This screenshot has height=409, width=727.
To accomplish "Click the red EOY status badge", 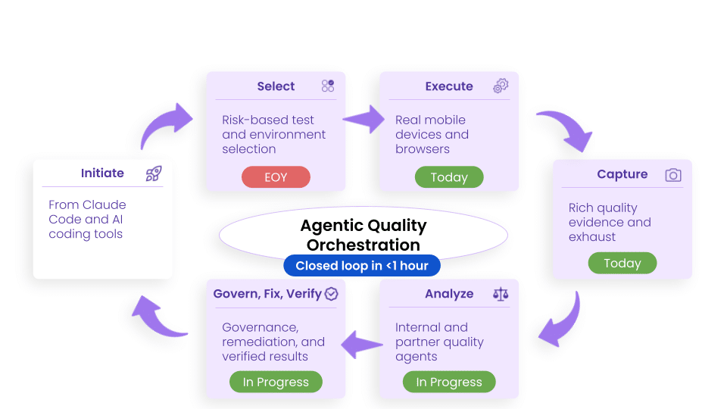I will (x=276, y=177).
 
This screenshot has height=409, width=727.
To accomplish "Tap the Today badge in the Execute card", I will (x=449, y=177).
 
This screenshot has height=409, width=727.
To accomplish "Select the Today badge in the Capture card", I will (x=622, y=264).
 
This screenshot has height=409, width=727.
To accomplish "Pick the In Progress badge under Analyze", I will (x=449, y=382).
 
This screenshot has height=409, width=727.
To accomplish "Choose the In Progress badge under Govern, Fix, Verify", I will (x=276, y=382).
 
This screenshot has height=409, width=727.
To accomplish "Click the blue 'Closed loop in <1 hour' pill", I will (x=362, y=265).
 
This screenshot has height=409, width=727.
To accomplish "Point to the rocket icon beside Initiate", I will (x=154, y=173).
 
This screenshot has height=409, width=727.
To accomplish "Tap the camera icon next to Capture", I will (x=672, y=175).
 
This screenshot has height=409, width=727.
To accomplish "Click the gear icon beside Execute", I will (x=501, y=86).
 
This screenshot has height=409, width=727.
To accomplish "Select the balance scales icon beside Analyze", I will (x=501, y=293).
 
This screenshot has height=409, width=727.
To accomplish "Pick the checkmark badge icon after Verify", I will (x=331, y=294).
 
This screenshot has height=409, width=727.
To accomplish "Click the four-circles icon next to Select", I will (x=327, y=86).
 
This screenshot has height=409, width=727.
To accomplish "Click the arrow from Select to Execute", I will (x=363, y=119).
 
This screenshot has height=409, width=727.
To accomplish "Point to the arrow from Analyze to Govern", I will (x=362, y=345).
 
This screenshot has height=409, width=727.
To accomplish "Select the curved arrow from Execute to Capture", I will (x=566, y=129).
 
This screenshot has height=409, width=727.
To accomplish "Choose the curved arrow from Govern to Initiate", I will (x=159, y=316).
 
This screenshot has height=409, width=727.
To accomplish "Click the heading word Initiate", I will (x=102, y=173).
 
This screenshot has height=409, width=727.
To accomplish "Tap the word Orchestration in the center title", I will (x=363, y=245).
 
